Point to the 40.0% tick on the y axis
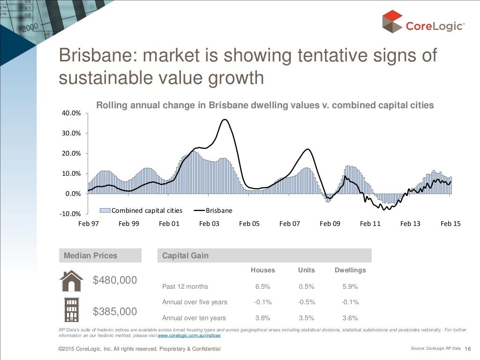tap(72, 113)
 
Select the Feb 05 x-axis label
tap(249, 224)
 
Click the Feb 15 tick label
tap(450, 224)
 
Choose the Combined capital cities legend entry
tap(142, 210)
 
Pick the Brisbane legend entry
tap(213, 210)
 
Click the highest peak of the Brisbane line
tap(225, 120)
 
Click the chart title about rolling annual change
tap(265, 105)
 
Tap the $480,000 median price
tap(115, 280)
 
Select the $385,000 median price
tap(115, 312)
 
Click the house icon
tap(71, 281)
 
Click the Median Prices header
tap(90, 255)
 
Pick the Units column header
tap(307, 270)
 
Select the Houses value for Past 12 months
tap(262, 286)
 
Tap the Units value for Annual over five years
tap(307, 302)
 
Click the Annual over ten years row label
tap(194, 318)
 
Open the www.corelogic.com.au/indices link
tap(189, 336)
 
